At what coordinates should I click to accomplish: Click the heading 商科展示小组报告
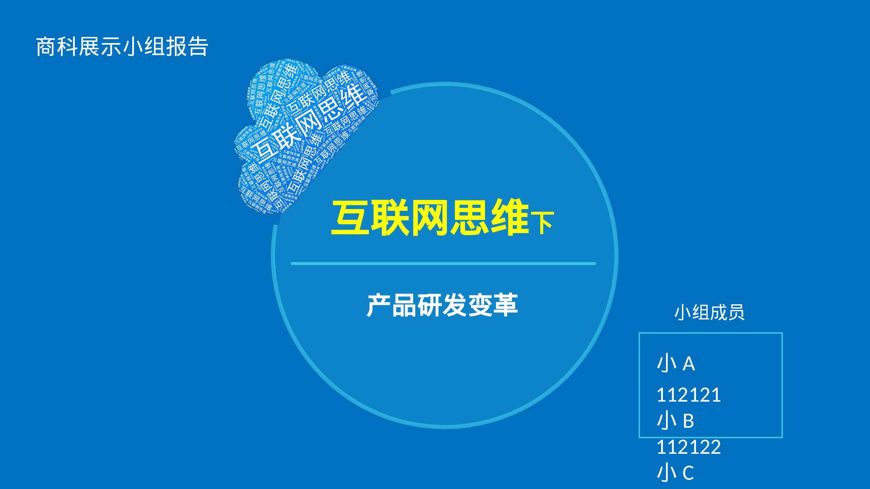click(122, 47)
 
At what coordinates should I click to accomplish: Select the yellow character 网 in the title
click(429, 218)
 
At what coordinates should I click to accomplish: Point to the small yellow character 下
click(542, 223)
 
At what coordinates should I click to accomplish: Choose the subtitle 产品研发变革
click(442, 305)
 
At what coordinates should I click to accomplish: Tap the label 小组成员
click(709, 312)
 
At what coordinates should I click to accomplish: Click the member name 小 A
click(676, 363)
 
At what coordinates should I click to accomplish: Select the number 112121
click(689, 395)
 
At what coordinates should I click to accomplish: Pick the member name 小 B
click(676, 421)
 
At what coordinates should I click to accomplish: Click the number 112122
click(689, 447)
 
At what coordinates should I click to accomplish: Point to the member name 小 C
click(676, 473)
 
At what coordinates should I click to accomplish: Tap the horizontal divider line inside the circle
click(443, 263)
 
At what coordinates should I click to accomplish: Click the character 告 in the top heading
click(198, 47)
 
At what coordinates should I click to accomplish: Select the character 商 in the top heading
click(46, 47)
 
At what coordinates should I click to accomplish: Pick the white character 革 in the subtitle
click(505, 305)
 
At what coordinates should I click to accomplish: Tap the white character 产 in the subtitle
click(378, 305)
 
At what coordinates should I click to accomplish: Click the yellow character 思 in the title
click(469, 218)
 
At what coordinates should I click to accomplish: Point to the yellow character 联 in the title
click(390, 218)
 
